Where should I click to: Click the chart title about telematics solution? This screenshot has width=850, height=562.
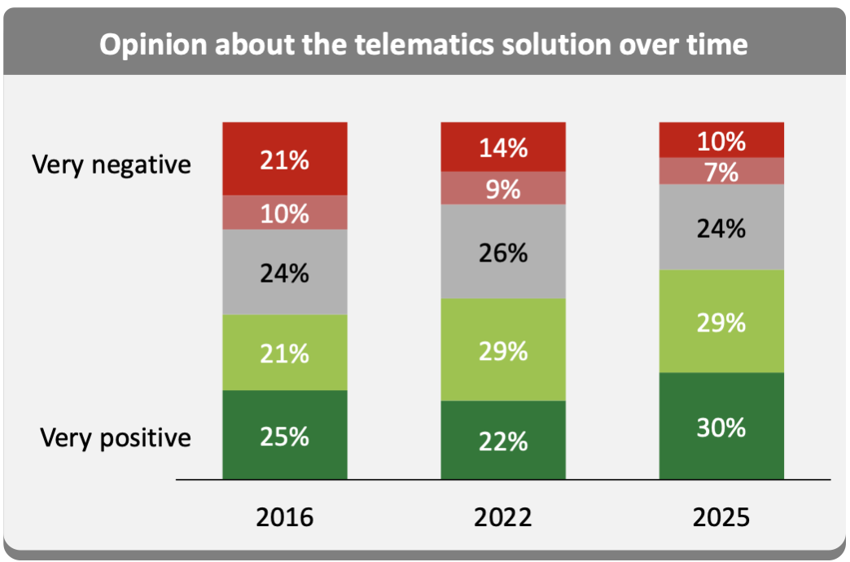point(423,44)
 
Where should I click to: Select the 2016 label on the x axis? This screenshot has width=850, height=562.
point(284,518)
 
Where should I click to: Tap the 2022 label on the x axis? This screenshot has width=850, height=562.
point(502,518)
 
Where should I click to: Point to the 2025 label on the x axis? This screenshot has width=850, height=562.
point(721,518)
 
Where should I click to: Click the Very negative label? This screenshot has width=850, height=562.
point(112,165)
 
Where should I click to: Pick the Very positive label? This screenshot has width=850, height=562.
point(116,438)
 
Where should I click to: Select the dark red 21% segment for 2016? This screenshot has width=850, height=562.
point(284,159)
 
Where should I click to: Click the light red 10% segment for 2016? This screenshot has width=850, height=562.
point(284,213)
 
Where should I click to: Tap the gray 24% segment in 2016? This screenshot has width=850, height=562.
point(284,272)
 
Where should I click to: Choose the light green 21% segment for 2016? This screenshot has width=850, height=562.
point(284,353)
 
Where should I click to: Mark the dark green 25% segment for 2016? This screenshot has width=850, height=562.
point(284,435)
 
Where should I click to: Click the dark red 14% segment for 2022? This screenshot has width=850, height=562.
point(502,147)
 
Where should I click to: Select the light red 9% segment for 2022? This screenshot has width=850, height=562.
point(502,188)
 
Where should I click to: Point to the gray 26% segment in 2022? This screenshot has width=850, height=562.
point(502,252)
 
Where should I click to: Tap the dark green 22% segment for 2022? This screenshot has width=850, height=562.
point(502,440)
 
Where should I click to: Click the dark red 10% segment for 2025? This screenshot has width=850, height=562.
point(721,140)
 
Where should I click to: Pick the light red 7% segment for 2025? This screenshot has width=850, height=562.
point(721,171)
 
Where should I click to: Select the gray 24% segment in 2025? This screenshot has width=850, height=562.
point(721,227)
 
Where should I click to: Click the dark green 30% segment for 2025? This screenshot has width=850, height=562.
point(721,426)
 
